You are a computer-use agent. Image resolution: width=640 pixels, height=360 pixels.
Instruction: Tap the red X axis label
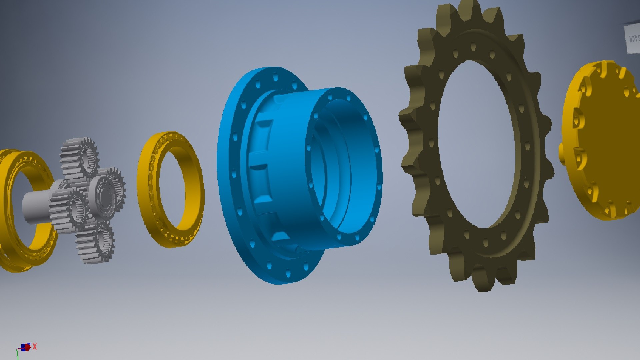(x=35, y=347)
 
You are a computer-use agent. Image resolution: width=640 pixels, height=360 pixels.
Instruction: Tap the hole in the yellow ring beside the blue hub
(x=172, y=190)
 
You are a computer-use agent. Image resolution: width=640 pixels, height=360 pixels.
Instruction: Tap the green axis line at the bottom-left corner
(x=17, y=355)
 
